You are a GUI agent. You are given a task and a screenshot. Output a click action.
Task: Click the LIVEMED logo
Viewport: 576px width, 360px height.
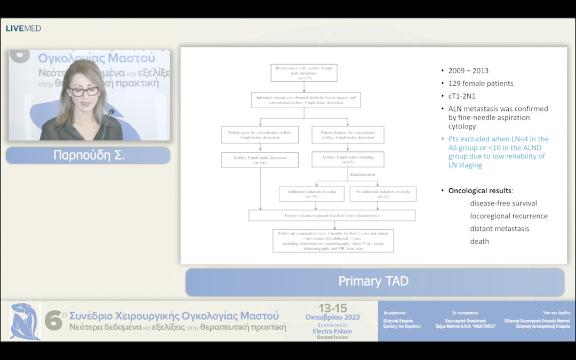[x=23, y=28]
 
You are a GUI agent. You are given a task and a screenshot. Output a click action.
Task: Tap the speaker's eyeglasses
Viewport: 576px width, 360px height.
[x=84, y=91]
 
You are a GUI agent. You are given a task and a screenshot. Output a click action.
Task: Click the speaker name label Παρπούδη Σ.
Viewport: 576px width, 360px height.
[x=87, y=155]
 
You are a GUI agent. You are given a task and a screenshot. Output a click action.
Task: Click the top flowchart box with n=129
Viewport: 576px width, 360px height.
[x=305, y=73]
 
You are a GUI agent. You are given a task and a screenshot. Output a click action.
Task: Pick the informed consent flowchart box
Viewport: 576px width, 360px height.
[x=306, y=100]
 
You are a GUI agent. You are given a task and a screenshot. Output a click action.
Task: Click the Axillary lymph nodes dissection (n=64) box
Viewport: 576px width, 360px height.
[x=260, y=160]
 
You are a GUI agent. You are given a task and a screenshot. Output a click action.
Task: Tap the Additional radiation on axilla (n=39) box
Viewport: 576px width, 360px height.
[x=311, y=194]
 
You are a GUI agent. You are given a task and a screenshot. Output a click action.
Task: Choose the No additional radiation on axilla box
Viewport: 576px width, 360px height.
[x=383, y=194]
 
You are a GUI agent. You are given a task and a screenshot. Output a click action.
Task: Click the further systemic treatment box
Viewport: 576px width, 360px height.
[x=332, y=215]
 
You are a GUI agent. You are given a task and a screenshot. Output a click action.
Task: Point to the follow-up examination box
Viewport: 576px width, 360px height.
[x=333, y=241]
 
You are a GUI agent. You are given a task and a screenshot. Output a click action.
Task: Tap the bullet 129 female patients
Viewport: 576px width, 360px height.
[x=481, y=84]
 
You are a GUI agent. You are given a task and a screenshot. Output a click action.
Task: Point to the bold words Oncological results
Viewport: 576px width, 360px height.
[x=479, y=190]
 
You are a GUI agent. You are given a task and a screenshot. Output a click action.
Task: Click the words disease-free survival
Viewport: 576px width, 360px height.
[x=503, y=203]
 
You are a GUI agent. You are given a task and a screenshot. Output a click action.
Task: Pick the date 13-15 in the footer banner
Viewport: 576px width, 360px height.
[x=332, y=308]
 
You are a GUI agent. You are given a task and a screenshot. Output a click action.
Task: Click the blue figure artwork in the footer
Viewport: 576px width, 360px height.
[x=25, y=321]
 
